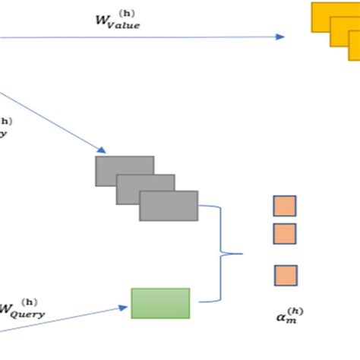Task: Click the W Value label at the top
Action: [x=115, y=21]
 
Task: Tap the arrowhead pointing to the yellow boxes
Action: [x=280, y=36]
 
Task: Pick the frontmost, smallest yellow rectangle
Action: [x=355, y=50]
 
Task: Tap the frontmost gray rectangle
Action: [x=168, y=205]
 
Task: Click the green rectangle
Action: [x=160, y=302]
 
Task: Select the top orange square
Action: [x=285, y=206]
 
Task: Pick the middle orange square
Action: [x=285, y=233]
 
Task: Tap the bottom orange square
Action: [x=286, y=275]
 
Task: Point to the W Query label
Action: [x=23, y=311]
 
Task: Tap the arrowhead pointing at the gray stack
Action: [x=102, y=150]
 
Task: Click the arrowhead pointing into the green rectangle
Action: [x=123, y=308]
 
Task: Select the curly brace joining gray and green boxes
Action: [x=225, y=254]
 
